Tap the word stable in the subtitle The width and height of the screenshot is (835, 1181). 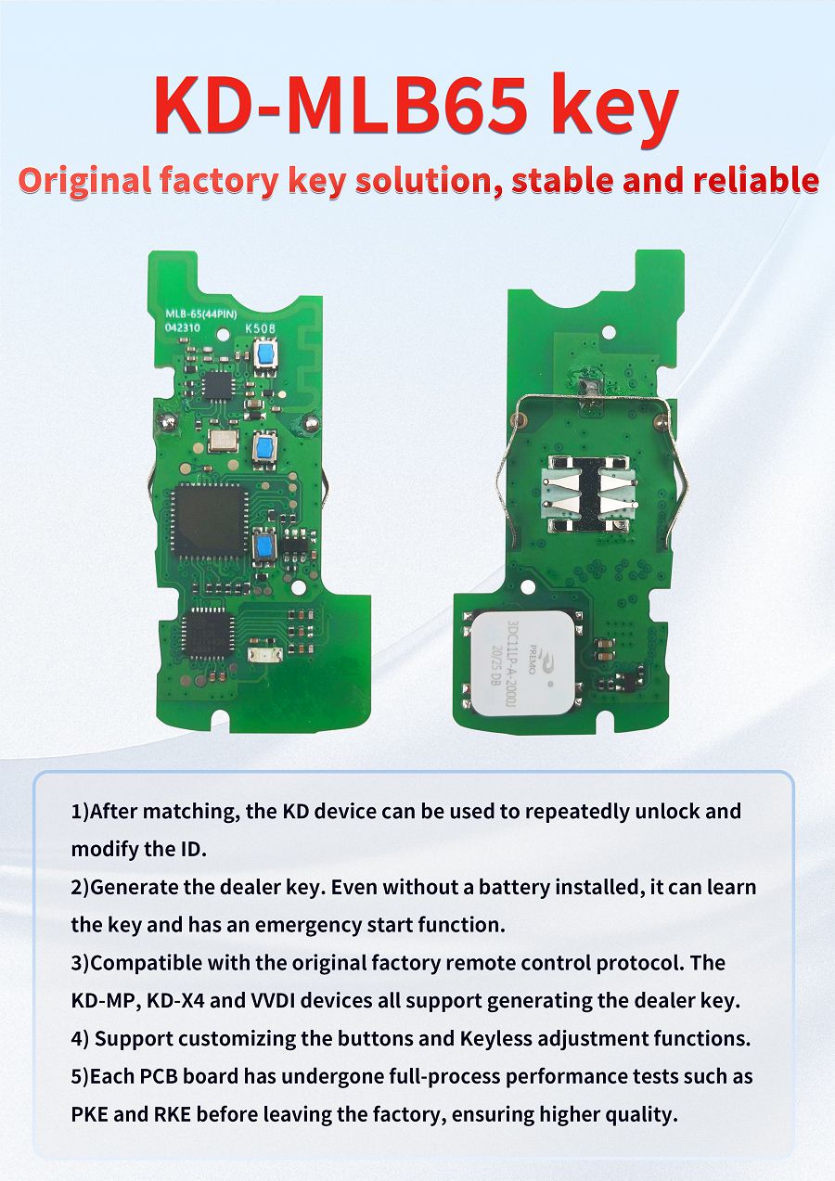[x=563, y=180]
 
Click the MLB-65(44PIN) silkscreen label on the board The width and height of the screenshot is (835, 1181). [x=199, y=315]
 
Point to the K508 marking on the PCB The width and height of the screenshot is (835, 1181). [x=259, y=327]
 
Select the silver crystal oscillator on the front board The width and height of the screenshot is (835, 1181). [x=224, y=440]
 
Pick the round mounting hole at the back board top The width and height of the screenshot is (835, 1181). [x=609, y=330]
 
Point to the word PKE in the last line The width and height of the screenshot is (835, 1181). [x=93, y=1114]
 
